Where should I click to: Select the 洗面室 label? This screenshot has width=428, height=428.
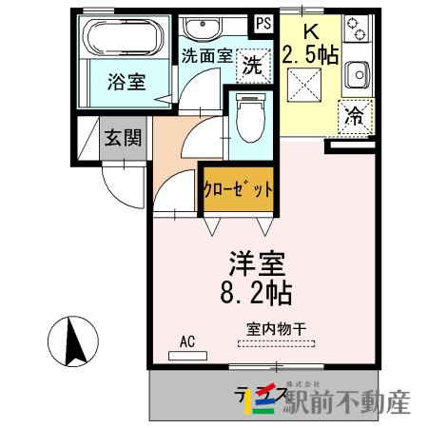point(205,55)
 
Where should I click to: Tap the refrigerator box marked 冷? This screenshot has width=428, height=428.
point(353,117)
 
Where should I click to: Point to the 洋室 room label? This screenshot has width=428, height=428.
point(258,261)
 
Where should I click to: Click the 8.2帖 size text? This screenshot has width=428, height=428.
point(258,290)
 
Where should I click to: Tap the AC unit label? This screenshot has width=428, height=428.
point(185,341)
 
